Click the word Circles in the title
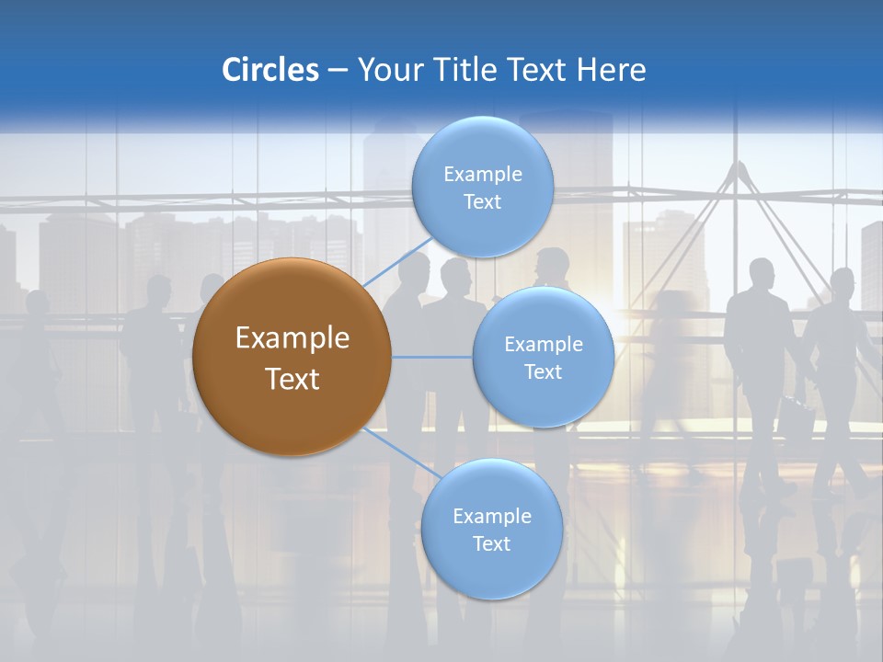(x=269, y=70)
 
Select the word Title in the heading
(x=466, y=70)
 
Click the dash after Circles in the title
(x=338, y=71)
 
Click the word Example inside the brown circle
(x=292, y=338)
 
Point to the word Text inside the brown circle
(x=292, y=379)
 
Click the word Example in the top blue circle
(x=482, y=175)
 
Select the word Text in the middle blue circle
(x=543, y=372)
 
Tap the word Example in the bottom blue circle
(x=491, y=517)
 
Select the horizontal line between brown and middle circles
(x=432, y=357)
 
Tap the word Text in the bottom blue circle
(x=491, y=544)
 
